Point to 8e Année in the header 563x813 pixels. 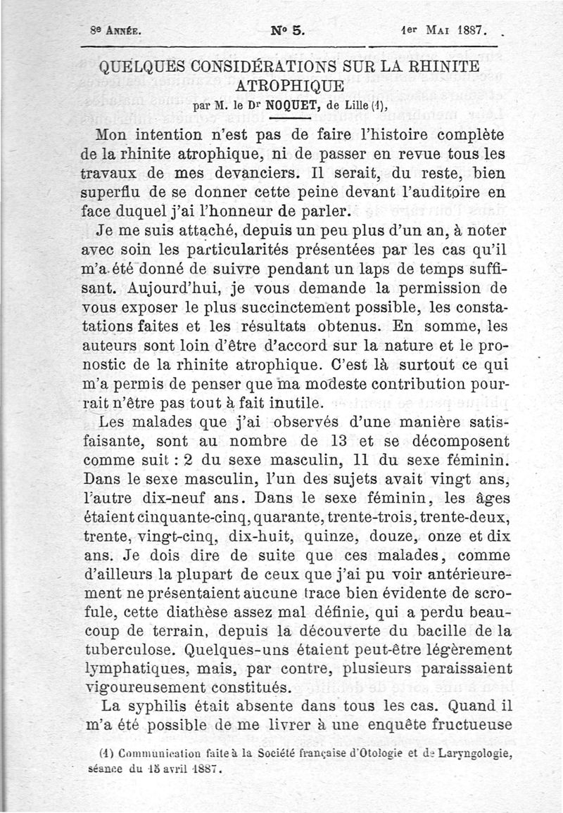coord(116,32)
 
